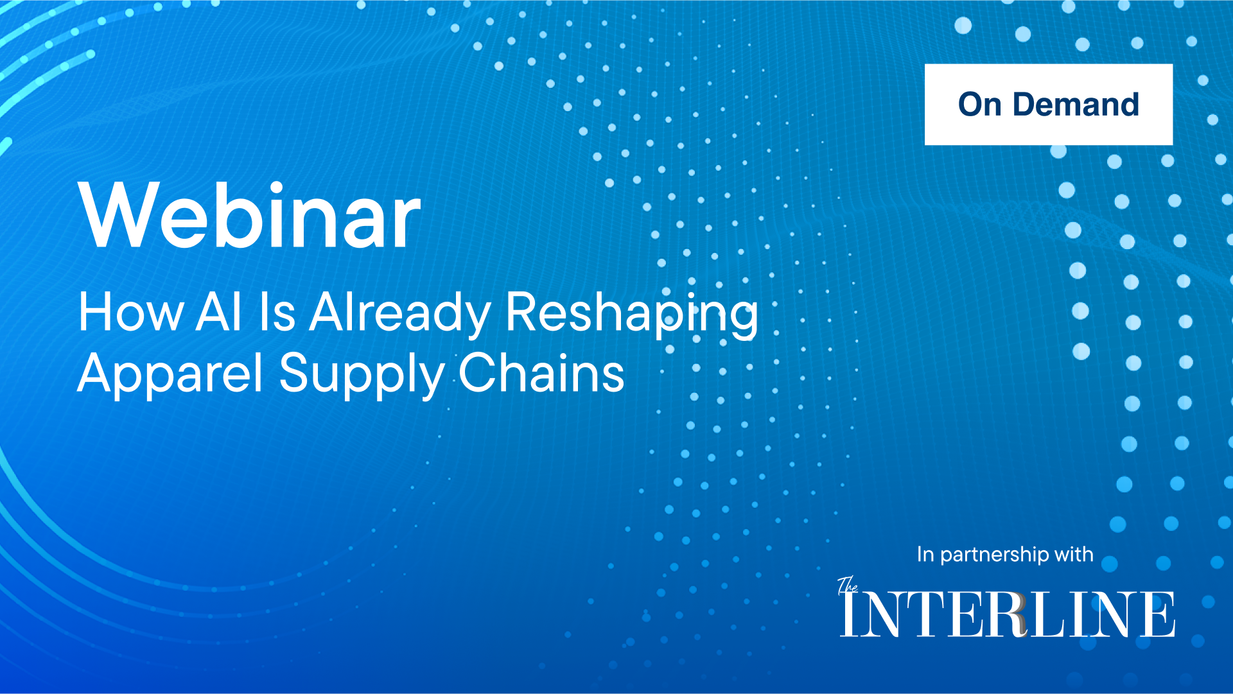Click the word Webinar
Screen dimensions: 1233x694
point(249,215)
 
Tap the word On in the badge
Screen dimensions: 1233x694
point(980,104)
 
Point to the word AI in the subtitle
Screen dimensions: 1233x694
point(220,312)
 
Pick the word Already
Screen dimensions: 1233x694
point(400,315)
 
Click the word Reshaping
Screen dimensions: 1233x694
point(632,315)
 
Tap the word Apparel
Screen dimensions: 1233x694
point(170,376)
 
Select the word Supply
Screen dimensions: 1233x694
point(362,376)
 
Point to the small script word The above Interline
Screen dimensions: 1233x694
point(848,585)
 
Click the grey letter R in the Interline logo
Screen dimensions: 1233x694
point(1011,614)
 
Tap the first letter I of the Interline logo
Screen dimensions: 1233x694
point(850,614)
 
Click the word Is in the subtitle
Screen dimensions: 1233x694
point(277,312)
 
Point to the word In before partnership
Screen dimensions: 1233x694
point(925,554)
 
